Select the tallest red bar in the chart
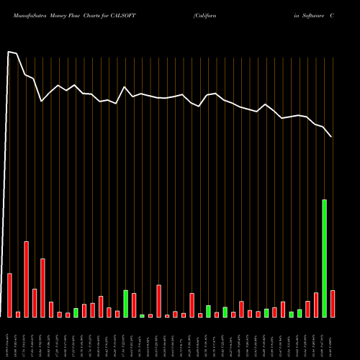tap(26, 279)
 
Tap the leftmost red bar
tap(9, 295)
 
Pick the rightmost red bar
tap(333, 303)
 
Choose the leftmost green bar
tap(76, 312)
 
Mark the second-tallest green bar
tap(125, 303)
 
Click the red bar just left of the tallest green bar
tap(316, 305)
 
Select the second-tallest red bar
tap(42, 287)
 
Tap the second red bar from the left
tap(18, 314)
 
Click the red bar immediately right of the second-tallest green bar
tap(134, 305)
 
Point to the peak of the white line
tap(9, 52)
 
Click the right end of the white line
tap(331, 137)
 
